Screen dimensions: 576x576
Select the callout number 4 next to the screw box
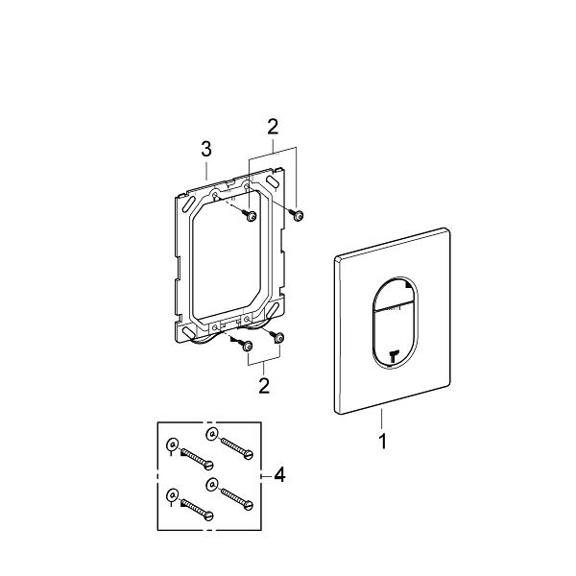coord(279,473)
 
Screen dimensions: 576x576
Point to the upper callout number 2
coord(273,126)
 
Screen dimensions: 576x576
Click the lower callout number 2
coord(262,386)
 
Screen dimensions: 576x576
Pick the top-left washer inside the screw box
coord(171,444)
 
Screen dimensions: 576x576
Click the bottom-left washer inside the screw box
coord(171,495)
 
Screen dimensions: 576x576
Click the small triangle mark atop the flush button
coord(410,284)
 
